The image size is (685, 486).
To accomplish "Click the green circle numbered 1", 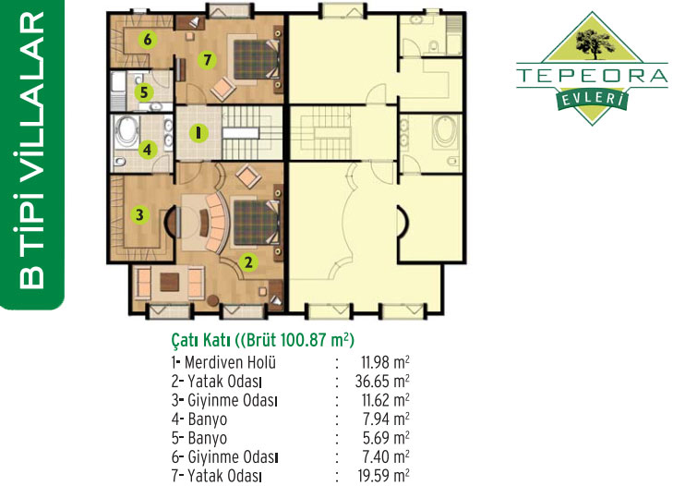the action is tap(198, 133).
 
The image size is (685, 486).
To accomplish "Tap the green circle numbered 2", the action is tap(248, 262).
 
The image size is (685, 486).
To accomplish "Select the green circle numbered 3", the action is tap(139, 214).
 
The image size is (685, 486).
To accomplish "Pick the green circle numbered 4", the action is tap(148, 150).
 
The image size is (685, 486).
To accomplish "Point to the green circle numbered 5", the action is tap(144, 92).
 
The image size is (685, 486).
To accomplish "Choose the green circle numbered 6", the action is tap(147, 40).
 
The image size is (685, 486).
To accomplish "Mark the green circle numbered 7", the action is tap(207, 59).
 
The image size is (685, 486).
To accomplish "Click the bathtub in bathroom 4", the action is tap(126, 129).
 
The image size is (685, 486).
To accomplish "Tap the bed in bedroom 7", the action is tap(257, 59).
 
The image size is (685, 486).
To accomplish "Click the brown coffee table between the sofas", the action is tap(170, 282).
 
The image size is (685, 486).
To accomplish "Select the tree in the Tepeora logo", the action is tap(593, 43).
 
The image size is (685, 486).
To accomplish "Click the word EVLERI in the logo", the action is tap(592, 100).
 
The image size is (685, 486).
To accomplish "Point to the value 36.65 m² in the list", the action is tap(382, 381).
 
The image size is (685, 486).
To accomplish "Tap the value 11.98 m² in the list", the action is tap(385, 362).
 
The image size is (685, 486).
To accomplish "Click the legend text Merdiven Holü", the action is tap(230, 362).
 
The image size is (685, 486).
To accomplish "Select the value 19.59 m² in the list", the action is tap(383, 476).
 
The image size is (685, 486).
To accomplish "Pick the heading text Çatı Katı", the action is tap(200, 340).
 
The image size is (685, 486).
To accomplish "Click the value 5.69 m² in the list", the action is tap(386, 438).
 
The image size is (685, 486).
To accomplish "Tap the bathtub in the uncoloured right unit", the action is tap(446, 129).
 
